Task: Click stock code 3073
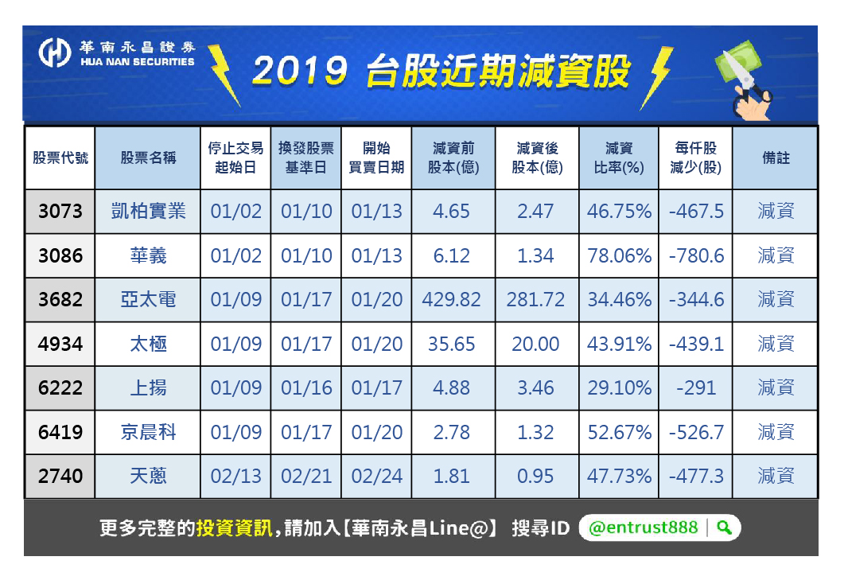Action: pos(60,212)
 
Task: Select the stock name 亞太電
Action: pos(148,300)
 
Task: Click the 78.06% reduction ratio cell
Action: pos(619,256)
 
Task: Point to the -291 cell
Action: pos(696,388)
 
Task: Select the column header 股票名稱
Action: pos(148,158)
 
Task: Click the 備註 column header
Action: pos(776,158)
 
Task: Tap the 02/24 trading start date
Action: pos(377,477)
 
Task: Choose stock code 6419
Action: pos(60,433)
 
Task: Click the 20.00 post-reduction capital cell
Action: pos(536,344)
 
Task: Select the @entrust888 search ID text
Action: pos(644,527)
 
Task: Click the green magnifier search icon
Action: pos(724,527)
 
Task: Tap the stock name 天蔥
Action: pos(148,477)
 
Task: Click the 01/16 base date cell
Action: pos(306,388)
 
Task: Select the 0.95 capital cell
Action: pos(536,477)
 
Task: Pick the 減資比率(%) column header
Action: pos(619,158)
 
